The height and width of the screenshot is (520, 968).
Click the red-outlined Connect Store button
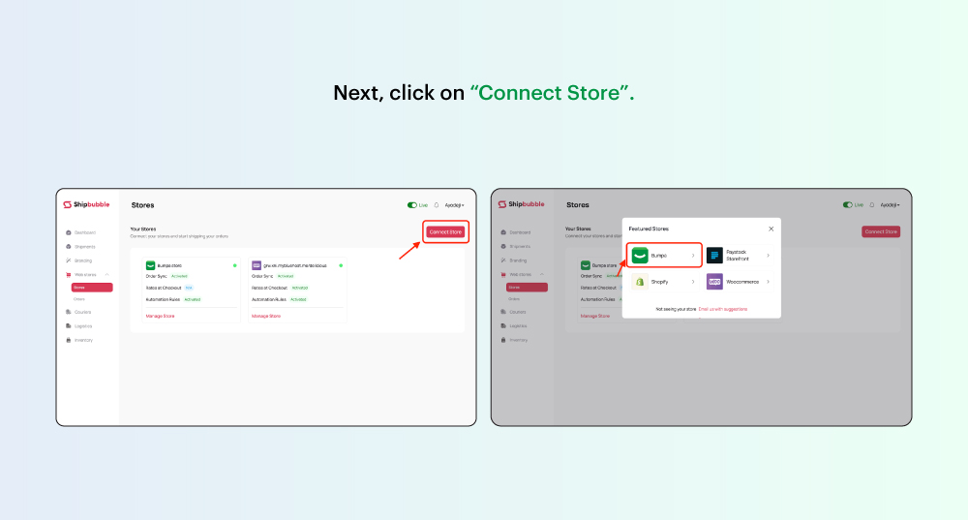(x=446, y=231)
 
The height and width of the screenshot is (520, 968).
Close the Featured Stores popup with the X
(x=771, y=229)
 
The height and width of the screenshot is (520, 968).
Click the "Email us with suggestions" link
(x=722, y=309)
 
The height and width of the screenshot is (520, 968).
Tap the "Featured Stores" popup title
(x=649, y=229)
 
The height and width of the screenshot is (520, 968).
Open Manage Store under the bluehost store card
(x=266, y=316)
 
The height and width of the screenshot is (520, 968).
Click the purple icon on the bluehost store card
(x=257, y=264)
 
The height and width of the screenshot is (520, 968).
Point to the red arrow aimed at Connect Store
(x=409, y=251)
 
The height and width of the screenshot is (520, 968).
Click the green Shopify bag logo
(x=640, y=282)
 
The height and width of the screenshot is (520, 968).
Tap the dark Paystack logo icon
(x=714, y=256)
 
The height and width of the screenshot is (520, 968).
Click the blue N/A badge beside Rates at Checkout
(x=189, y=288)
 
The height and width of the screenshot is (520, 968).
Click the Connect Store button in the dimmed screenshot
(x=881, y=231)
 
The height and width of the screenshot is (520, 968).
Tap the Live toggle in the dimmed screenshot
(x=847, y=205)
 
